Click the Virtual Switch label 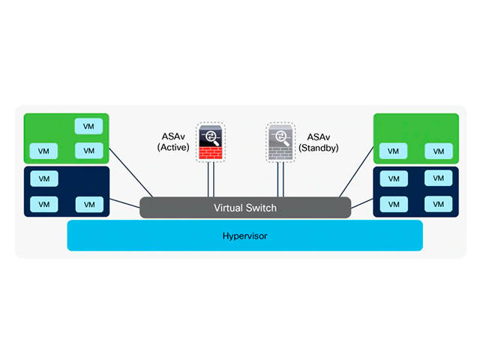245,208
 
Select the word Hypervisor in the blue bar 244,235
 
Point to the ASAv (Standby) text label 319,142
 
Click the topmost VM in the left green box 88,126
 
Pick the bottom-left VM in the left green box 43,151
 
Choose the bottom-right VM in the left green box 88,151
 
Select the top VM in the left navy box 43,179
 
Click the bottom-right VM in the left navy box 88,204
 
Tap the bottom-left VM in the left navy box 43,204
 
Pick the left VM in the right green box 393,151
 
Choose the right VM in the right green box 439,151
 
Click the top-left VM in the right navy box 393,179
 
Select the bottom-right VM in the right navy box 439,204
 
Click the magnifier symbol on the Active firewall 211,136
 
